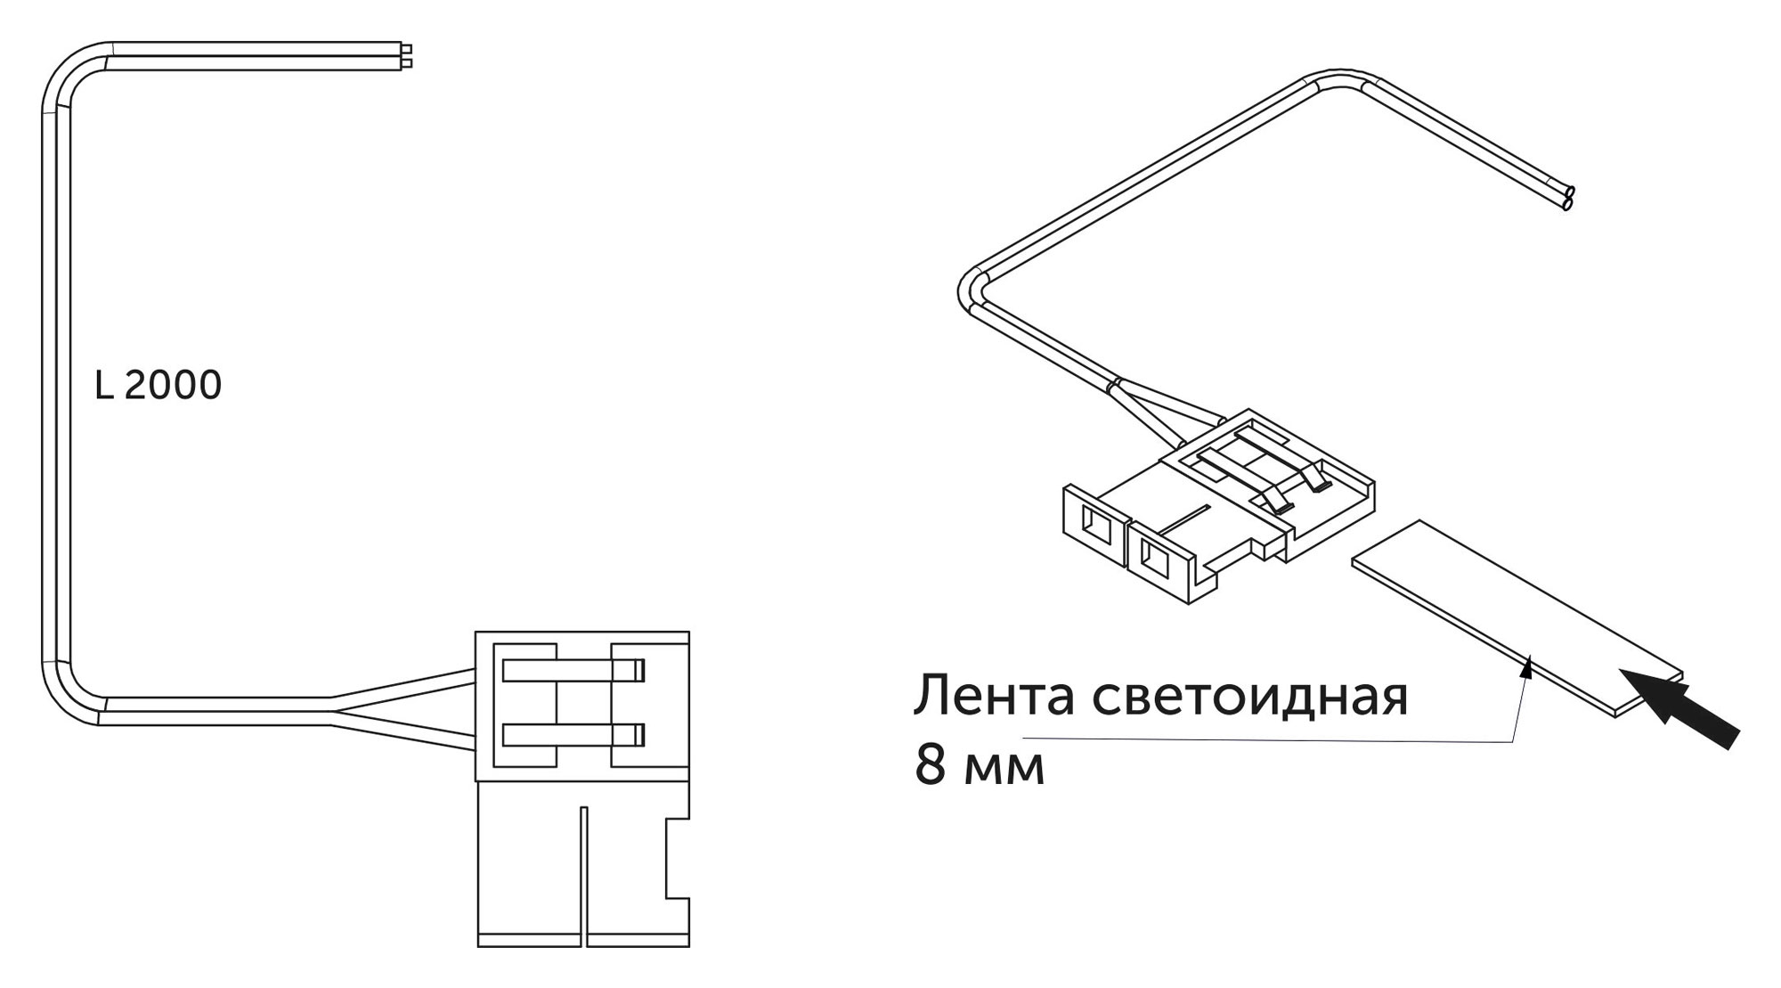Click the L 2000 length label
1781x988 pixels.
point(158,385)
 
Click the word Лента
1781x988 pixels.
point(994,696)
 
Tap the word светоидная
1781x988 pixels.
point(1250,696)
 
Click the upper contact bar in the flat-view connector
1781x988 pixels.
point(573,670)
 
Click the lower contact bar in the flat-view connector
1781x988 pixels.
point(573,734)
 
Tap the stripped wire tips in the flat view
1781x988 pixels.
point(407,56)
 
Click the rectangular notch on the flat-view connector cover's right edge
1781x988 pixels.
point(677,858)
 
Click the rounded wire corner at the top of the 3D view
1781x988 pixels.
point(1340,77)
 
